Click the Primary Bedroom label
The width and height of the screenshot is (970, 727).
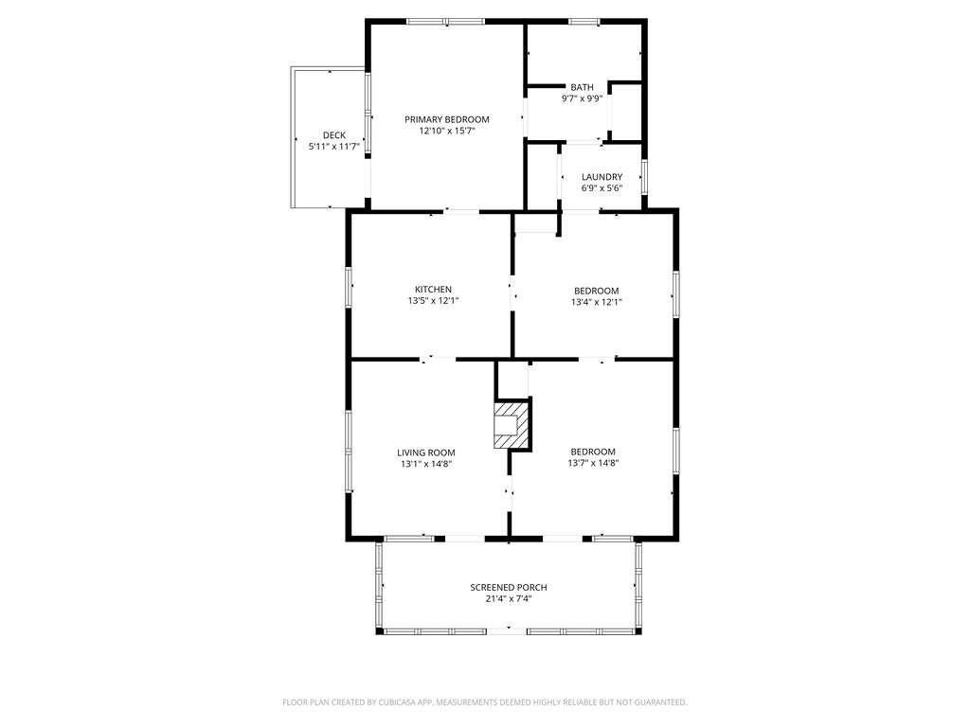[447, 119]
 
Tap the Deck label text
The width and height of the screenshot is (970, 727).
[333, 134]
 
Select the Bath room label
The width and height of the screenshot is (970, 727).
[582, 87]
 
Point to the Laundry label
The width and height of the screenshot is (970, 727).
[602, 176]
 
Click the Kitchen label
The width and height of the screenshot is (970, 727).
[433, 290]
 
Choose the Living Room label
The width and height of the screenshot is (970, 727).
[426, 452]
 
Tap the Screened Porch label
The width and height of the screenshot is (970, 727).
[509, 587]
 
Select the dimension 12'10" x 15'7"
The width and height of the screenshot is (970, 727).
[447, 132]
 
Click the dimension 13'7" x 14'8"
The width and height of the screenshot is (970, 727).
[593, 464]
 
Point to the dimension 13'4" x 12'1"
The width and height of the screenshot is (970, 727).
[597, 302]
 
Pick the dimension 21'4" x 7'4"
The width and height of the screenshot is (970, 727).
[509, 598]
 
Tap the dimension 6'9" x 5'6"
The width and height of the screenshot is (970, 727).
[602, 187]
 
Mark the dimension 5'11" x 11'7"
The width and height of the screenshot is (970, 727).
[333, 146]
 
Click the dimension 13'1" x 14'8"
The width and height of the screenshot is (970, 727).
[426, 464]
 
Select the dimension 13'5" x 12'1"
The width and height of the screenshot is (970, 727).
[433, 301]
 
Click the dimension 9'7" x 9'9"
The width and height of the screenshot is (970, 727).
[582, 98]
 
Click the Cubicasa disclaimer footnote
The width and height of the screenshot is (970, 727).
[485, 702]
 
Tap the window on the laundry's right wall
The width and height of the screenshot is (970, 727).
[644, 176]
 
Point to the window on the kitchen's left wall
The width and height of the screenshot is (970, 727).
[349, 287]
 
